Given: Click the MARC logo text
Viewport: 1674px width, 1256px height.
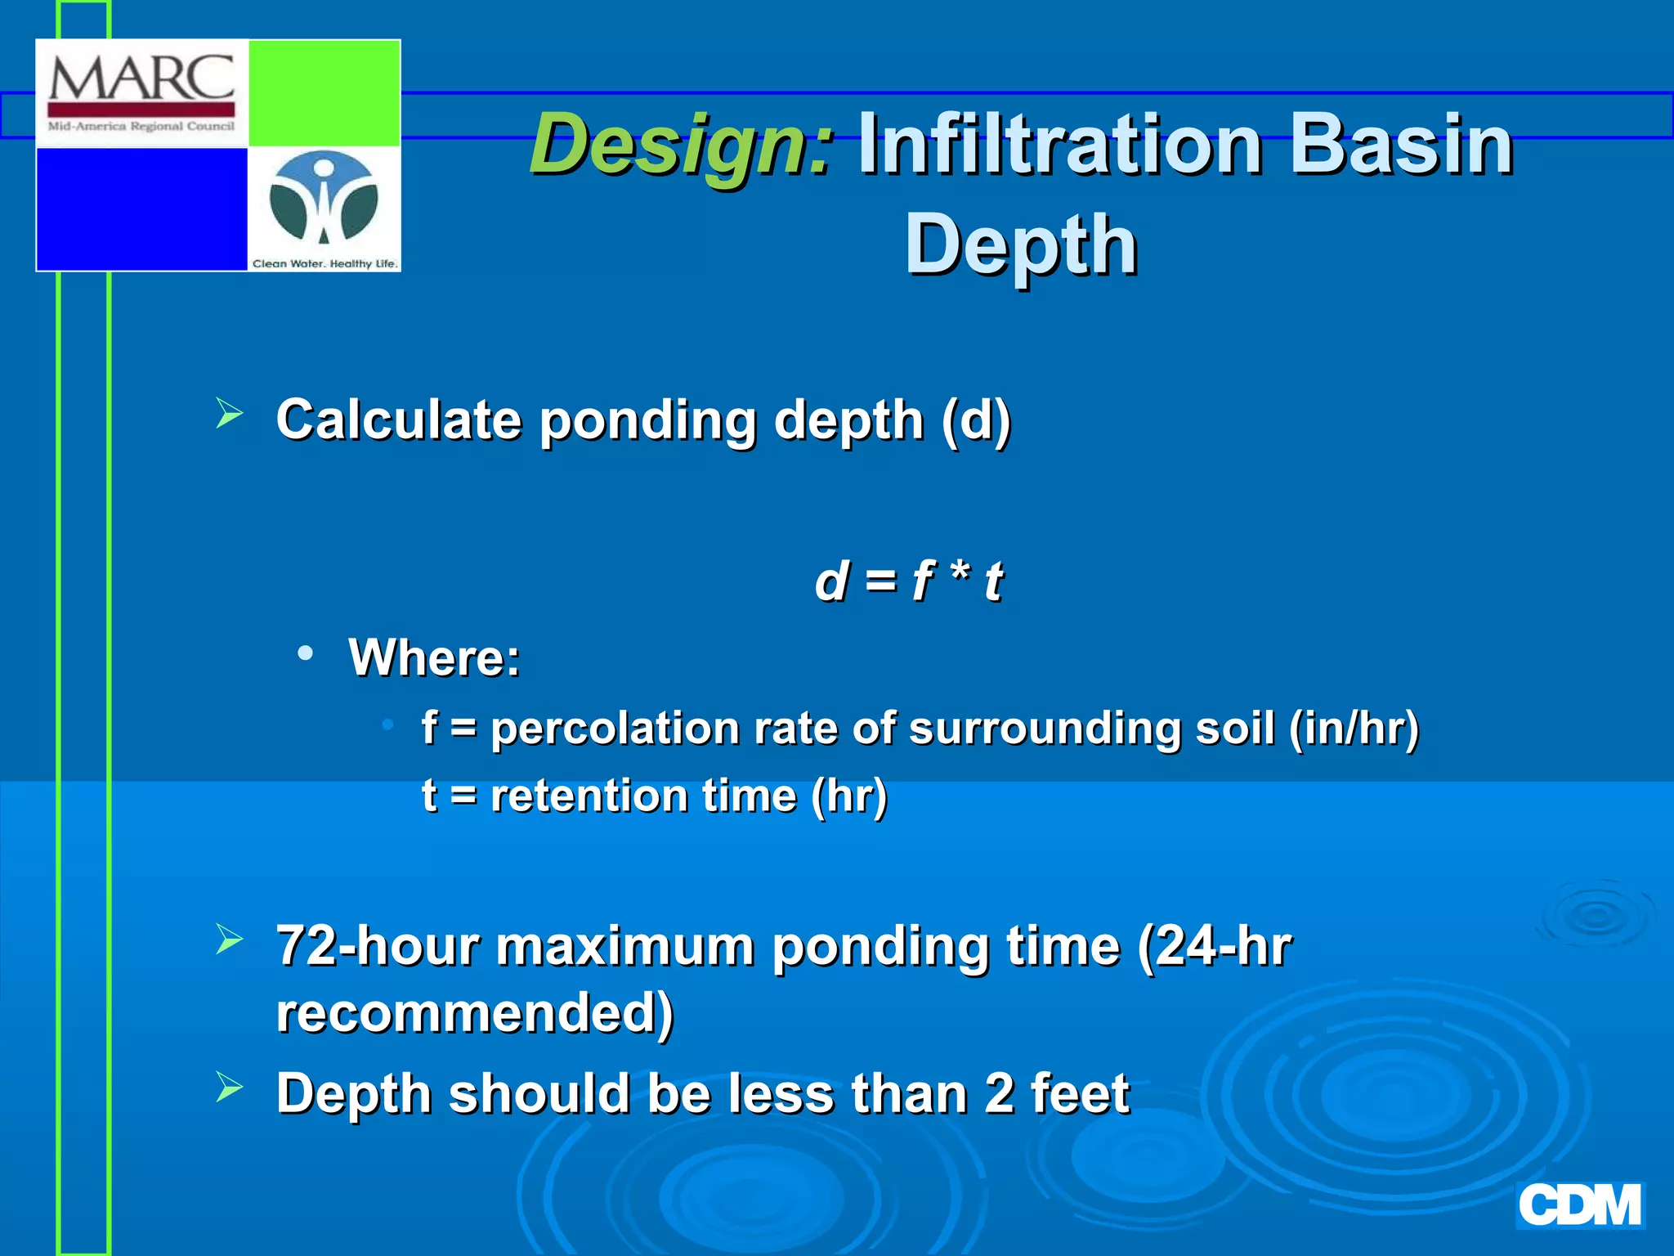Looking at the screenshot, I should pyautogui.click(x=141, y=79).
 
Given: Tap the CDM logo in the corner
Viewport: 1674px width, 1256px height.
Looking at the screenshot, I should pyautogui.click(x=1579, y=1205).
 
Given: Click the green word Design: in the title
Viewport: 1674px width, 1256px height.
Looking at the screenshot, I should pyautogui.click(x=683, y=145).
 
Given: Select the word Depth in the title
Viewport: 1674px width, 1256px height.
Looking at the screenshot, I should pyautogui.click(x=1021, y=244).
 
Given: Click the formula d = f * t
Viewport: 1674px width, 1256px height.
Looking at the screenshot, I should pyautogui.click(x=908, y=581).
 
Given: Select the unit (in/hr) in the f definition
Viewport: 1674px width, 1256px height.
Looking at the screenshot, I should pyautogui.click(x=1354, y=728).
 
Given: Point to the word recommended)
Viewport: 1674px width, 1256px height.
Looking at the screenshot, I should pyautogui.click(x=474, y=1013).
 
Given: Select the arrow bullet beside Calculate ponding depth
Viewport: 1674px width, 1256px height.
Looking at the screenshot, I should pyautogui.click(x=230, y=413).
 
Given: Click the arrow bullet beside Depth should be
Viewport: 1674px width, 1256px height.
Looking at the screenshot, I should pyautogui.click(x=230, y=1088).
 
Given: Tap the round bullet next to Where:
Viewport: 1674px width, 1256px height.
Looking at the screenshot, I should pyautogui.click(x=306, y=653).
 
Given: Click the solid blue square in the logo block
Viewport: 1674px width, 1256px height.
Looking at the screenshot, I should pyautogui.click(x=141, y=209).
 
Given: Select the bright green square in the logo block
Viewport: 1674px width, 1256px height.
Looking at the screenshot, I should pyautogui.click(x=324, y=93).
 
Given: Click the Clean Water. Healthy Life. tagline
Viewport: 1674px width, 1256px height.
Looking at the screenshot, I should pyautogui.click(x=325, y=263).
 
